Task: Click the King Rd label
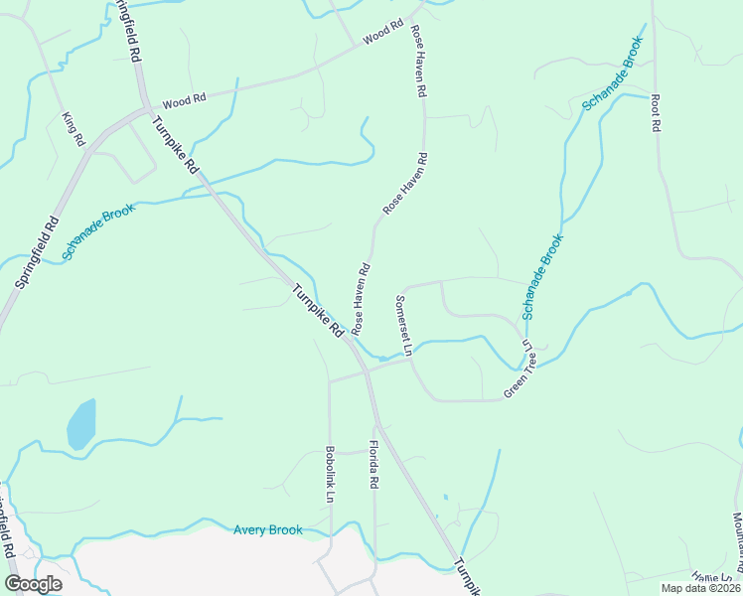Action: click(74, 129)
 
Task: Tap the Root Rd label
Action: click(656, 113)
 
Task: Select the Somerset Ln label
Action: click(403, 324)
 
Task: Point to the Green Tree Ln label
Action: click(519, 371)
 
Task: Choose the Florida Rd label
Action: click(374, 464)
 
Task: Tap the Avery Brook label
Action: click(267, 530)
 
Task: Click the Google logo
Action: click(33, 584)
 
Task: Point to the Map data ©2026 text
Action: click(699, 588)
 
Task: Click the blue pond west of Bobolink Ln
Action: click(81, 424)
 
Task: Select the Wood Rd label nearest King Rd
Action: click(183, 101)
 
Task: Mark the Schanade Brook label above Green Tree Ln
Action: click(542, 276)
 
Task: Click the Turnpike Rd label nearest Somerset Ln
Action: click(318, 310)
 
